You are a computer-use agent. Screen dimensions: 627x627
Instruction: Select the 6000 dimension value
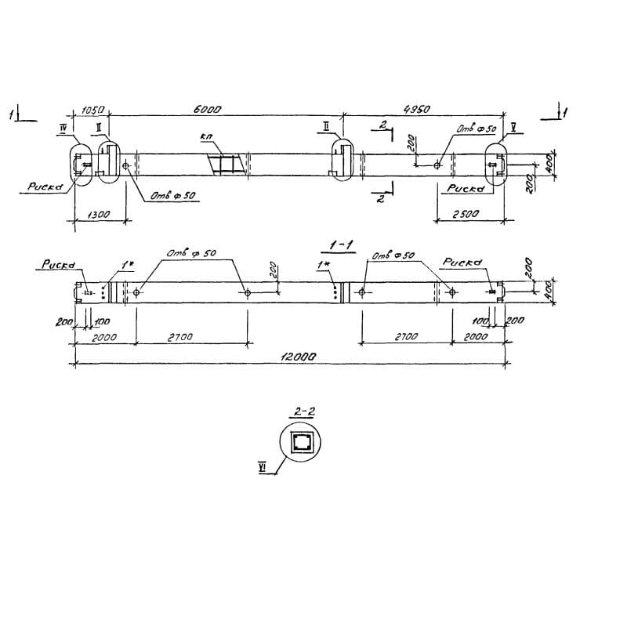207,110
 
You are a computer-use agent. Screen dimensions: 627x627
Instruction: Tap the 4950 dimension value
416,110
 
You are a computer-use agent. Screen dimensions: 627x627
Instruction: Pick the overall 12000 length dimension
298,356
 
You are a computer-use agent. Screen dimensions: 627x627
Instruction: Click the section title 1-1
342,246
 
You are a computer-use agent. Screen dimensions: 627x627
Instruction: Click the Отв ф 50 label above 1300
172,195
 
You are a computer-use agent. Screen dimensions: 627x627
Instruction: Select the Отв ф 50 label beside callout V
477,128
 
